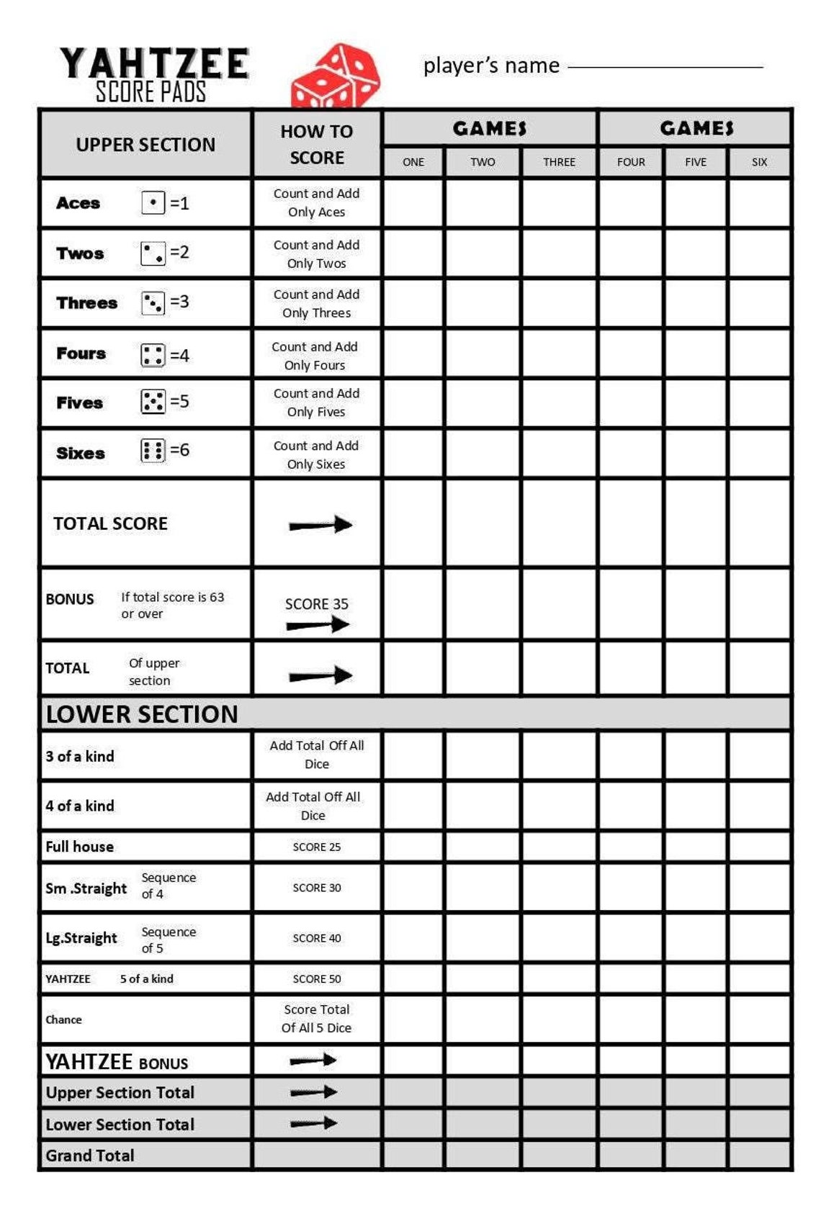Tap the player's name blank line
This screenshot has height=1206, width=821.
(x=665, y=67)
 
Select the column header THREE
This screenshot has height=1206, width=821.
(x=559, y=162)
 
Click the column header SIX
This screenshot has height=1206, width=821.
(x=759, y=162)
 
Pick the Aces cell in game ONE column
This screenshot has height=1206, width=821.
(x=413, y=203)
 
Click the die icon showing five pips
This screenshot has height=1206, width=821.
(x=153, y=402)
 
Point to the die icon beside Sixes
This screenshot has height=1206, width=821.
(x=153, y=451)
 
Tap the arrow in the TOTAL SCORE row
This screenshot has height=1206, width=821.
(x=320, y=525)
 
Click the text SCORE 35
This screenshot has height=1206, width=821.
(x=316, y=604)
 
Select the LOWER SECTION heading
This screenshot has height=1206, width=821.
(x=142, y=714)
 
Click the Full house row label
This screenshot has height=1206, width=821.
(x=80, y=847)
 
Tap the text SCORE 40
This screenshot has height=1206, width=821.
(x=316, y=938)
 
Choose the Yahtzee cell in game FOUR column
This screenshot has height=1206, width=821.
(x=631, y=979)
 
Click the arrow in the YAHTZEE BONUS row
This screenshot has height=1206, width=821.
(x=313, y=1061)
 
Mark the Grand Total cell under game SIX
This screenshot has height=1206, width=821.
(x=759, y=1155)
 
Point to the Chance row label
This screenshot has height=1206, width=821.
(x=64, y=1020)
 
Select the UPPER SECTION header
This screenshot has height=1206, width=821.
(x=145, y=145)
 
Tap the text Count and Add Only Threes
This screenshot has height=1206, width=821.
(x=316, y=303)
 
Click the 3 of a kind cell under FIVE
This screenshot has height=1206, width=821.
(x=695, y=756)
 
